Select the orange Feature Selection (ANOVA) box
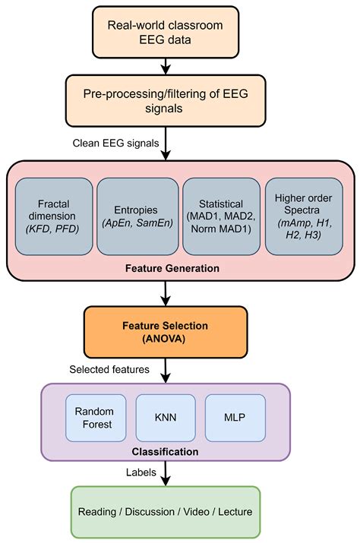(166, 331)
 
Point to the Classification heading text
(165, 451)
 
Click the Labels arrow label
(141, 472)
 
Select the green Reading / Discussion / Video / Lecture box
(165, 513)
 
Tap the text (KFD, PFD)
(52, 229)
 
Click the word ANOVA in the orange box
(166, 338)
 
